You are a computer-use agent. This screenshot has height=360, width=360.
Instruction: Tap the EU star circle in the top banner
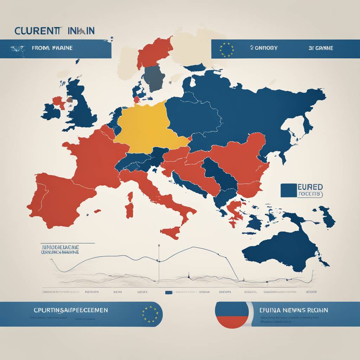coord(227,50)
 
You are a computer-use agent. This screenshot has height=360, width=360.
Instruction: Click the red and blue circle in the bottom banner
coord(232,315)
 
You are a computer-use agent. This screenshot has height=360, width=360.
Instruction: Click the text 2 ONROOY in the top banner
coord(264,48)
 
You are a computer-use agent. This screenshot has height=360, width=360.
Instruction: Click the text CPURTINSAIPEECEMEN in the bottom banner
coord(70,310)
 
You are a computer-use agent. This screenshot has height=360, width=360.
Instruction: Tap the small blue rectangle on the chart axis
coord(169,292)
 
